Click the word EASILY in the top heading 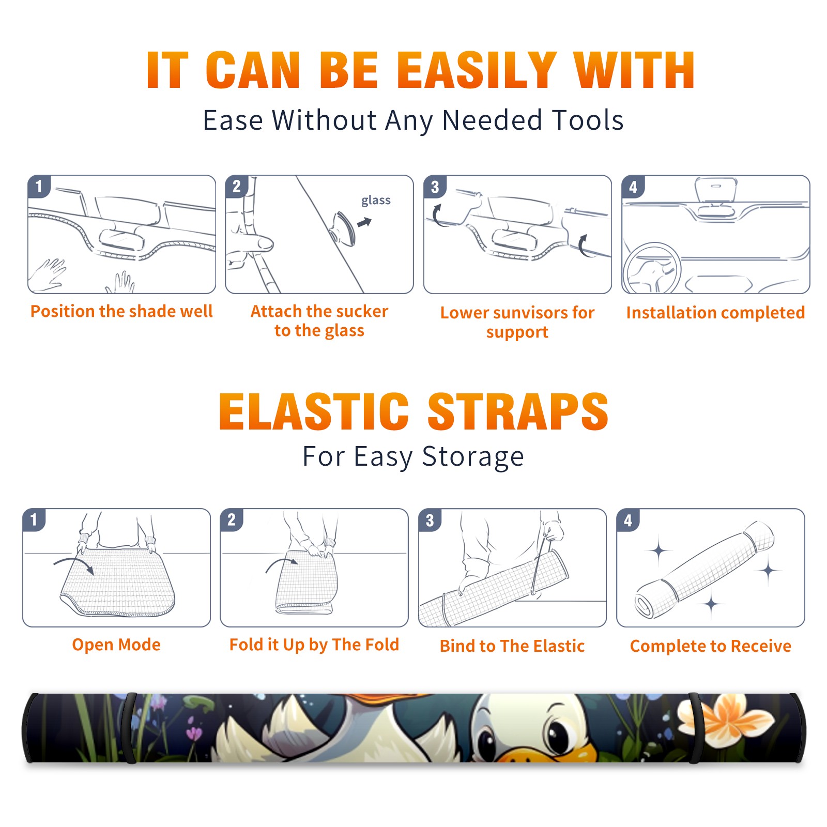pyautogui.click(x=477, y=70)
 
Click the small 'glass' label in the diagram pyautogui.click(x=376, y=201)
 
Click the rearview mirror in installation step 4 pyautogui.click(x=715, y=190)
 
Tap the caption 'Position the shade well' pyautogui.click(x=121, y=311)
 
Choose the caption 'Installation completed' pyautogui.click(x=715, y=312)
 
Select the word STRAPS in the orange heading pyautogui.click(x=518, y=411)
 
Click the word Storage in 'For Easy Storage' pyautogui.click(x=473, y=457)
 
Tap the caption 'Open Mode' pyautogui.click(x=116, y=645)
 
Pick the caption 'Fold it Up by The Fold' pyautogui.click(x=314, y=645)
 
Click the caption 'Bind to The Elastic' pyautogui.click(x=512, y=646)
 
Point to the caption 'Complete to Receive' pyautogui.click(x=711, y=646)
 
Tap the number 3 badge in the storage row pyautogui.click(x=430, y=520)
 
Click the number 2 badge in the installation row pyautogui.click(x=237, y=187)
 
